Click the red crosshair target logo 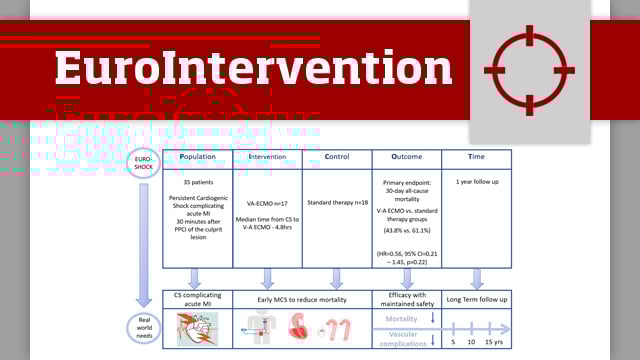pyautogui.click(x=529, y=70)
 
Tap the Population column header pyautogui.click(x=197, y=157)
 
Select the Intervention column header pyautogui.click(x=267, y=157)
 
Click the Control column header pyautogui.click(x=336, y=157)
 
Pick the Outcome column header pyautogui.click(x=406, y=157)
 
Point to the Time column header pyautogui.click(x=476, y=157)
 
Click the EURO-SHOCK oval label pyautogui.click(x=144, y=162)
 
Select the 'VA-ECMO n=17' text pyautogui.click(x=267, y=203)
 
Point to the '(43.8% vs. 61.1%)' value pyautogui.click(x=406, y=231)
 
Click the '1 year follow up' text pyautogui.click(x=476, y=183)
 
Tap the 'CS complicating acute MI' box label pyautogui.click(x=197, y=299)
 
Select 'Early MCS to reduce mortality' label pyautogui.click(x=301, y=299)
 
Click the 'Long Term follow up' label pyautogui.click(x=476, y=299)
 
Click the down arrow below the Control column pyautogui.click(x=336, y=279)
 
